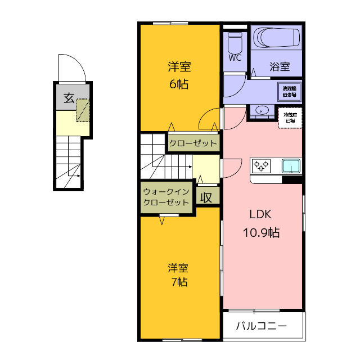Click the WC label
click(x=235, y=58)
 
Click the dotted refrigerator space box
click(x=290, y=118)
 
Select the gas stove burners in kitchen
click(x=261, y=165)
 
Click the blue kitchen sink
click(x=291, y=166)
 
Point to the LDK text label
click(x=261, y=214)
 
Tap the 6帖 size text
click(x=179, y=84)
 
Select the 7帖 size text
click(x=179, y=282)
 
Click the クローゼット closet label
click(x=193, y=143)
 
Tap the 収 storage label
click(x=206, y=197)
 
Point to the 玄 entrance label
click(x=68, y=98)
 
